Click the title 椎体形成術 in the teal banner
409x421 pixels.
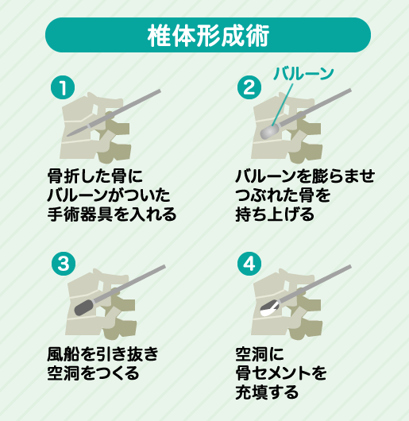pyautogui.click(x=208, y=36)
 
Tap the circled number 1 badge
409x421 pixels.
pyautogui.click(x=63, y=87)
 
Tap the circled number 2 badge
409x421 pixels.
pyautogui.click(x=249, y=87)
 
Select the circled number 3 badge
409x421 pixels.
pyautogui.click(x=64, y=264)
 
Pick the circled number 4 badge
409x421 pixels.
pyautogui.click(x=249, y=264)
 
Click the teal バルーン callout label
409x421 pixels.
pyautogui.click(x=303, y=73)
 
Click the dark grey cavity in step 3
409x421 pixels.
pyautogui.click(x=83, y=307)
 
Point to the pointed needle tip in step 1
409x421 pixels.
pyautogui.click(x=68, y=135)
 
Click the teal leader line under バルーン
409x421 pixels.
pyautogui.click(x=282, y=105)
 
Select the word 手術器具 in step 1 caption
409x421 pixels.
pyautogui.click(x=80, y=214)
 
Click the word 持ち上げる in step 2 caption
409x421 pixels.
pyautogui.click(x=275, y=214)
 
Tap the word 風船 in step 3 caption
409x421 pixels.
pyautogui.click(x=64, y=354)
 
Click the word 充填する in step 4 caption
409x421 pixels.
pyautogui.click(x=267, y=392)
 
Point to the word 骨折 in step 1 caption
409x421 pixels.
pyautogui.click(x=64, y=176)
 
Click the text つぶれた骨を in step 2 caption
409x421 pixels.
pyautogui.click(x=283, y=195)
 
